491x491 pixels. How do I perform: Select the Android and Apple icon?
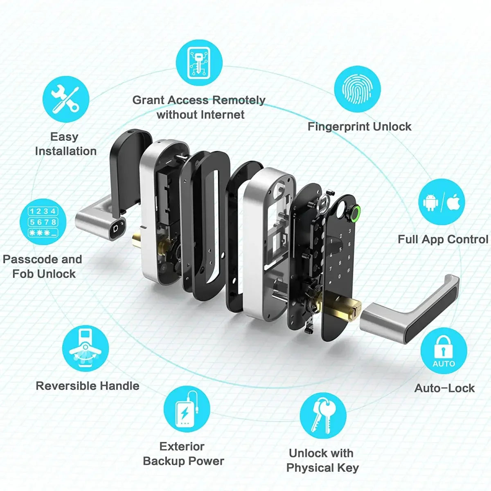click(441, 202)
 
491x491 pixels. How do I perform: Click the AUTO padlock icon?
click(444, 351)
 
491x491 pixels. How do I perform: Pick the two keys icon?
click(323, 416)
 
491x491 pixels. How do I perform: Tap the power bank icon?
click(187, 409)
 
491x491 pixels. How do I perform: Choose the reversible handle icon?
click(86, 348)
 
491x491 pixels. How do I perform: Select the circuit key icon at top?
click(199, 63)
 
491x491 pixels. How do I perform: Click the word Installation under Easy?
click(66, 151)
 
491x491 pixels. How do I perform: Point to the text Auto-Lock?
click(444, 388)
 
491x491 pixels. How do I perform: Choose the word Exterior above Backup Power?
click(182, 446)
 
